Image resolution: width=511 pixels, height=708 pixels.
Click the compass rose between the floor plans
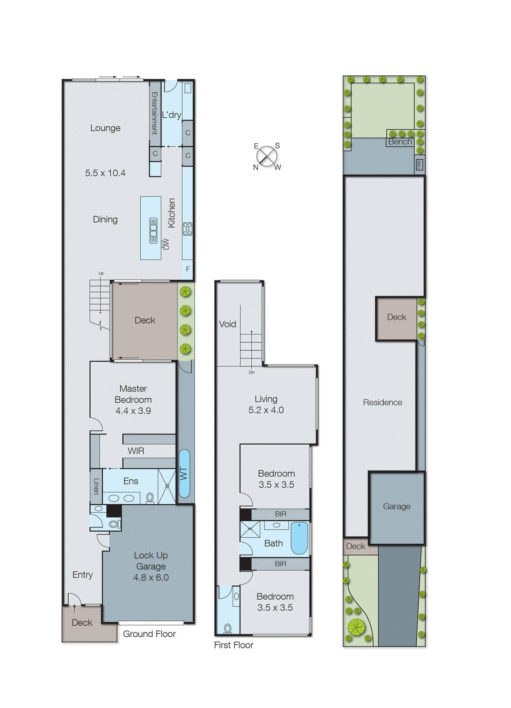267,156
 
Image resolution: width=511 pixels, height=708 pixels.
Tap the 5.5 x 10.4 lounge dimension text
105,173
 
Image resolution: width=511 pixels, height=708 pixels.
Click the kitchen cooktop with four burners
188,229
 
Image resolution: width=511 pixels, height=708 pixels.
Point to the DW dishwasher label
166,244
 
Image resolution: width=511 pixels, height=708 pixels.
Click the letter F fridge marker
188,269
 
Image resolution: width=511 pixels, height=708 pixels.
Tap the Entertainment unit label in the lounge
154,113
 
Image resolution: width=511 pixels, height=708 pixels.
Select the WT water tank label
184,474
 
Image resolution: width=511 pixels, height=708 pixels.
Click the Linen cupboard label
96,486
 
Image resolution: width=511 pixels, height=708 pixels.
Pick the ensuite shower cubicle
167,486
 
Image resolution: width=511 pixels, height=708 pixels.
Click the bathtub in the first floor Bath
300,538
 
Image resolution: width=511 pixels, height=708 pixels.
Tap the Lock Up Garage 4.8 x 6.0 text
151,566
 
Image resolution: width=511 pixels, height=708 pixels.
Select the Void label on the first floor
227,324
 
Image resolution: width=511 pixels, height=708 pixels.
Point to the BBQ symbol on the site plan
419,165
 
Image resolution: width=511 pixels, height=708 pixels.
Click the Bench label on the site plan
400,142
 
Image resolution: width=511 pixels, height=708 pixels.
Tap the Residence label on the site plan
382,402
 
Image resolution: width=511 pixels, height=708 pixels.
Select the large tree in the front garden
356,627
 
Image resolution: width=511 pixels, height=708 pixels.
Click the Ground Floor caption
149,634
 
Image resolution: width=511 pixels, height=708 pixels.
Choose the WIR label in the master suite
136,451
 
